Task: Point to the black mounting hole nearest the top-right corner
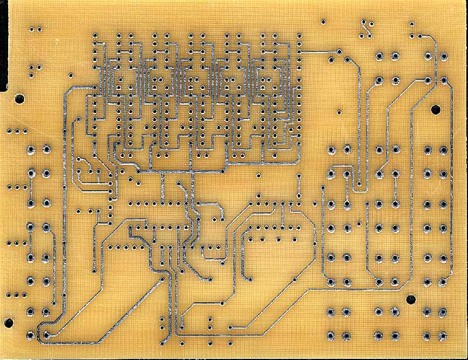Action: tap(435, 109)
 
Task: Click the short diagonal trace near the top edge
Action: tap(366, 28)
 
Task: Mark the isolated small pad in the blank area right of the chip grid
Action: tap(338, 111)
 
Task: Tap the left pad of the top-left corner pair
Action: tap(31, 28)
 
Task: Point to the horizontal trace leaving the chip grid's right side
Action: tap(316, 52)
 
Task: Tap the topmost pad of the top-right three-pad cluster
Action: tap(411, 25)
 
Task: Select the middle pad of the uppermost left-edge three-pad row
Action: tap(16, 130)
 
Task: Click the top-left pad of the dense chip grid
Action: tap(95, 36)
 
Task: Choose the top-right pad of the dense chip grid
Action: tap(298, 36)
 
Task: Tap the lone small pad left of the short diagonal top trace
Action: tap(323, 22)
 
